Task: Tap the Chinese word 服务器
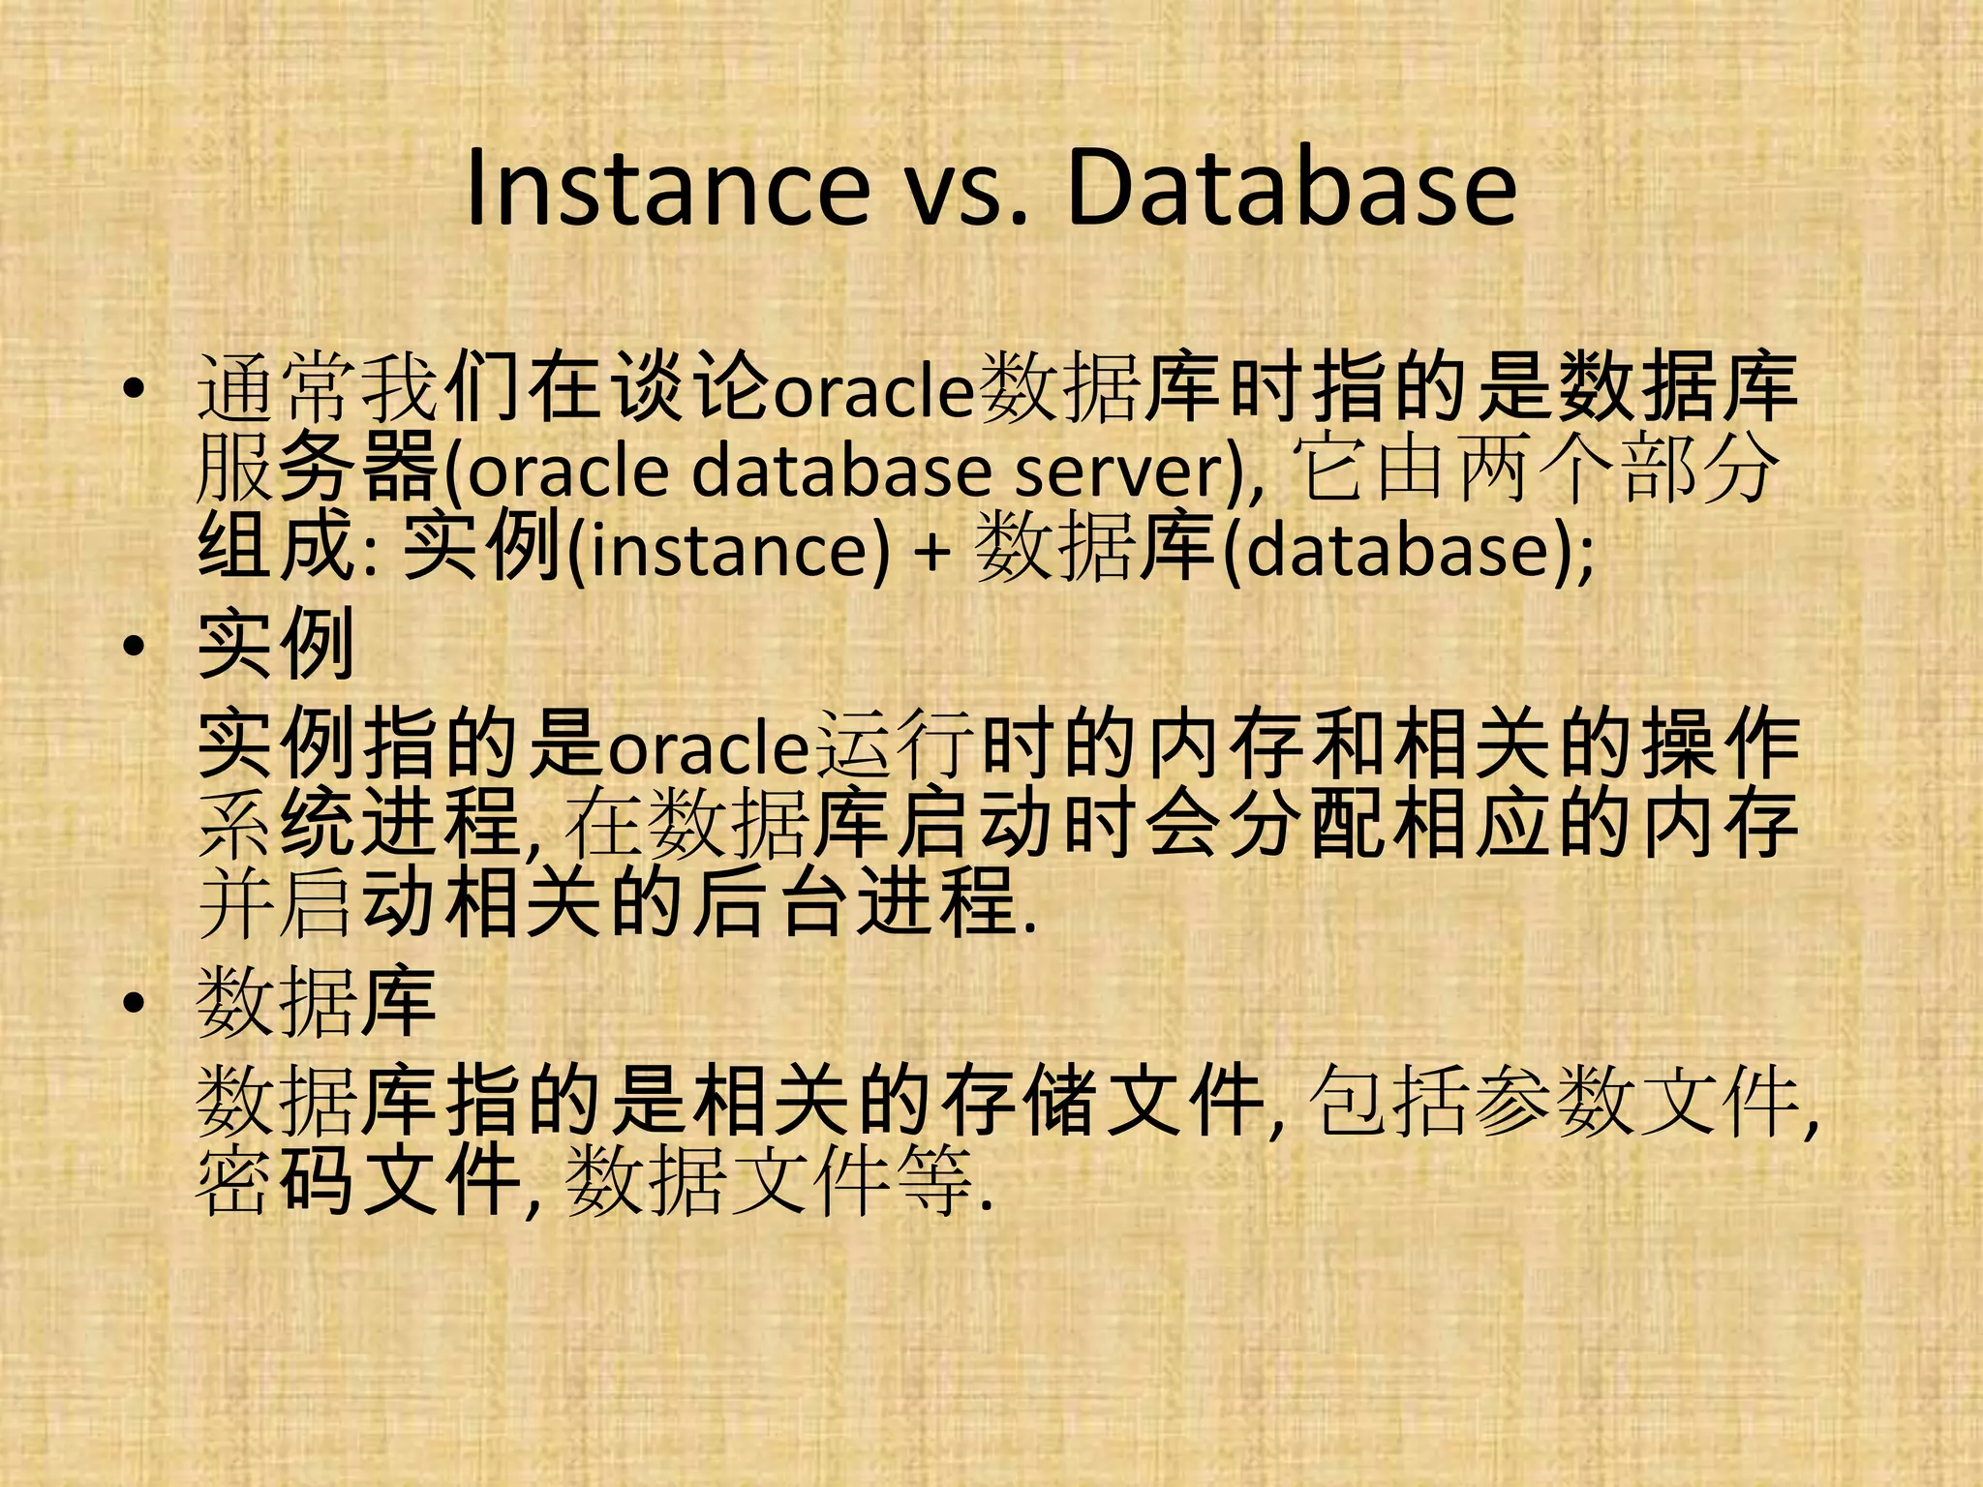pos(318,469)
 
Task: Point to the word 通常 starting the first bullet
pos(277,389)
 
